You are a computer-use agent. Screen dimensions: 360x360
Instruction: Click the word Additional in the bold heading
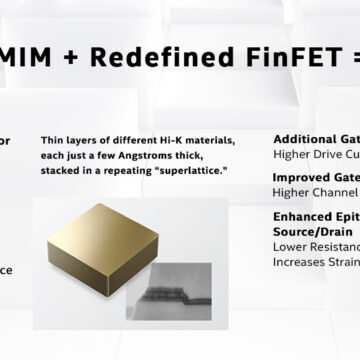(x=305, y=139)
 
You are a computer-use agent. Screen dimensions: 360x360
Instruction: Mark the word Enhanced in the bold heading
(x=303, y=216)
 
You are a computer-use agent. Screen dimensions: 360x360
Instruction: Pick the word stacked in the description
(x=61, y=172)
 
